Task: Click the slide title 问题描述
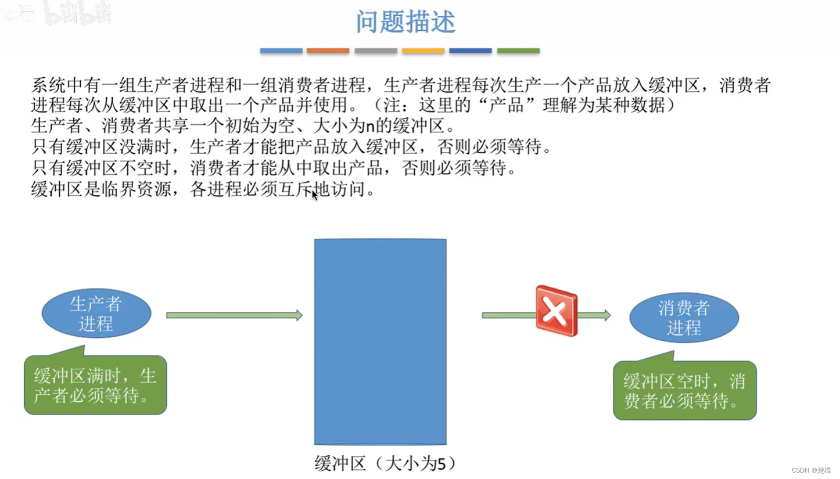[405, 22]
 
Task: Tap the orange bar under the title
[328, 51]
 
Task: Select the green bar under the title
[518, 51]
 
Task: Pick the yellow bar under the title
[423, 51]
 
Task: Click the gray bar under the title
[375, 51]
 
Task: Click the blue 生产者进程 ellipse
[96, 314]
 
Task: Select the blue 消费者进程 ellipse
[684, 318]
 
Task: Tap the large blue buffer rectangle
[380, 341]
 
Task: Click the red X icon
[556, 311]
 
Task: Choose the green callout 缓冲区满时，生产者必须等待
[95, 385]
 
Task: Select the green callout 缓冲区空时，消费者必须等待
[684, 390]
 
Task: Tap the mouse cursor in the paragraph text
[314, 195]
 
